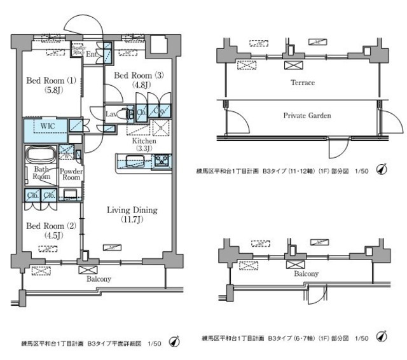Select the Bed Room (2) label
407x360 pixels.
click(x=45, y=226)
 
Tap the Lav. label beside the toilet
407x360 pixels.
click(x=111, y=113)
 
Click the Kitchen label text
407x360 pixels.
click(x=145, y=141)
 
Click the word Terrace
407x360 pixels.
click(x=302, y=83)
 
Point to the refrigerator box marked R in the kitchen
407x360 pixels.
click(x=160, y=127)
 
